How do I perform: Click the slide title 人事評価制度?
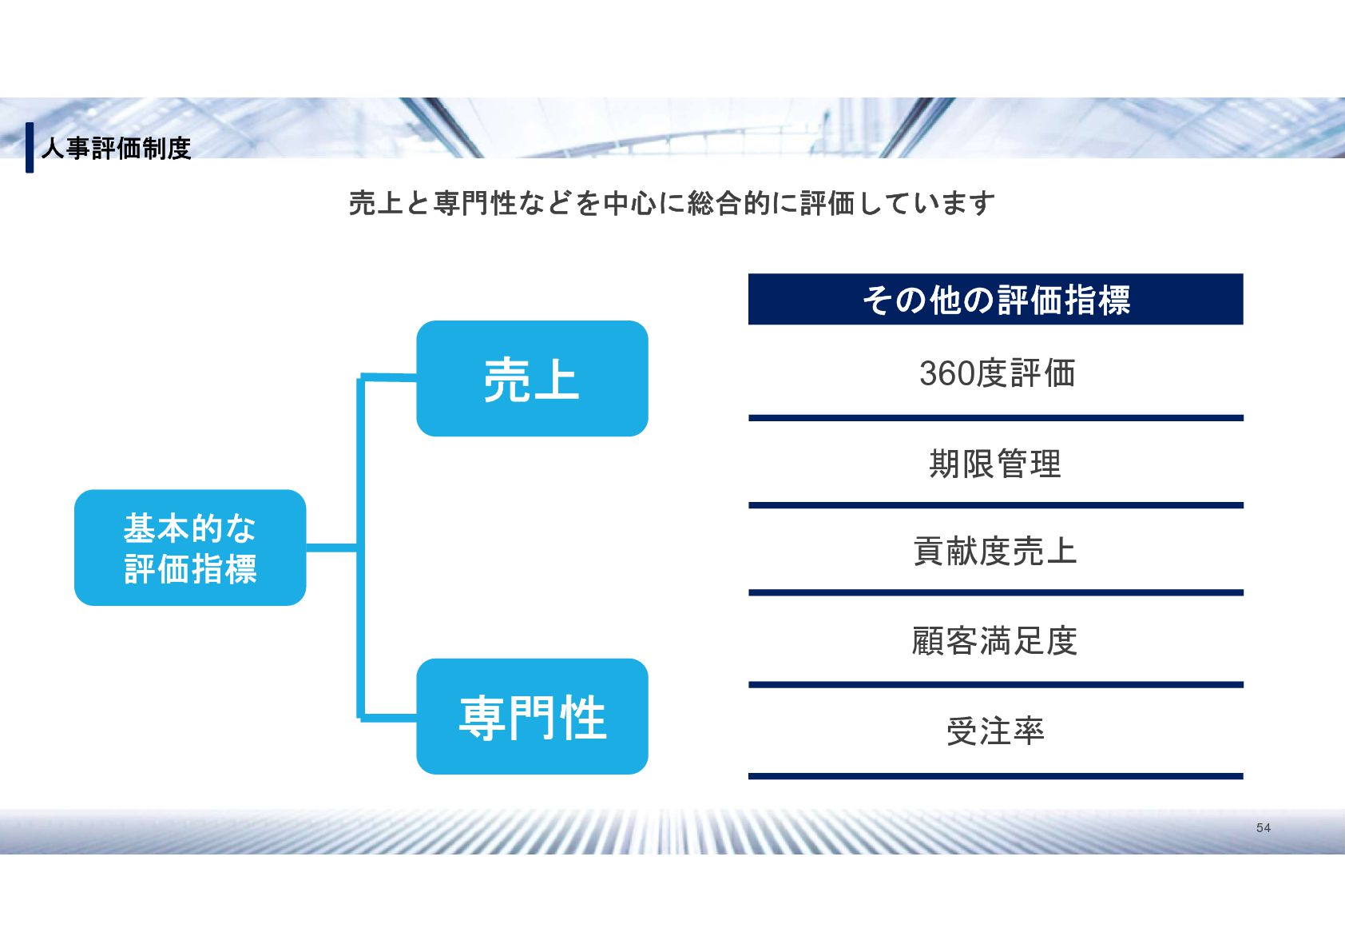coord(116,148)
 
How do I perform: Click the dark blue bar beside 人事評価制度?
coord(30,147)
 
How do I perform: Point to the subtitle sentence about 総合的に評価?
coord(672,203)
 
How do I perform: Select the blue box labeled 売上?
coord(532,378)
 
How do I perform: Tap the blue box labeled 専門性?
coord(532,716)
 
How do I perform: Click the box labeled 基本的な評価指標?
coord(190,548)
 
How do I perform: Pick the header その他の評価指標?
coord(995,300)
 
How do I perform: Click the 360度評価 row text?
coord(997,373)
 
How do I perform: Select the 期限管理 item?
coord(995,464)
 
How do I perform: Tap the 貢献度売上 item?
coord(995,552)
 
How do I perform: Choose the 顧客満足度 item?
coord(995,641)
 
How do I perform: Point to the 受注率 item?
coord(995,731)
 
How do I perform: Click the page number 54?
coord(1263,828)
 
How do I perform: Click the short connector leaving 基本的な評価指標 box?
coord(331,548)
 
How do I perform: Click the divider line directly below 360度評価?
coord(995,418)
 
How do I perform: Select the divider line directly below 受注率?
coord(995,776)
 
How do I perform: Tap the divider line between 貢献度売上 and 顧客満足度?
coord(995,593)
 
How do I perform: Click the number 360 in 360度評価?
coord(946,373)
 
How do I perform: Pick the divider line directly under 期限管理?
coord(995,505)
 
